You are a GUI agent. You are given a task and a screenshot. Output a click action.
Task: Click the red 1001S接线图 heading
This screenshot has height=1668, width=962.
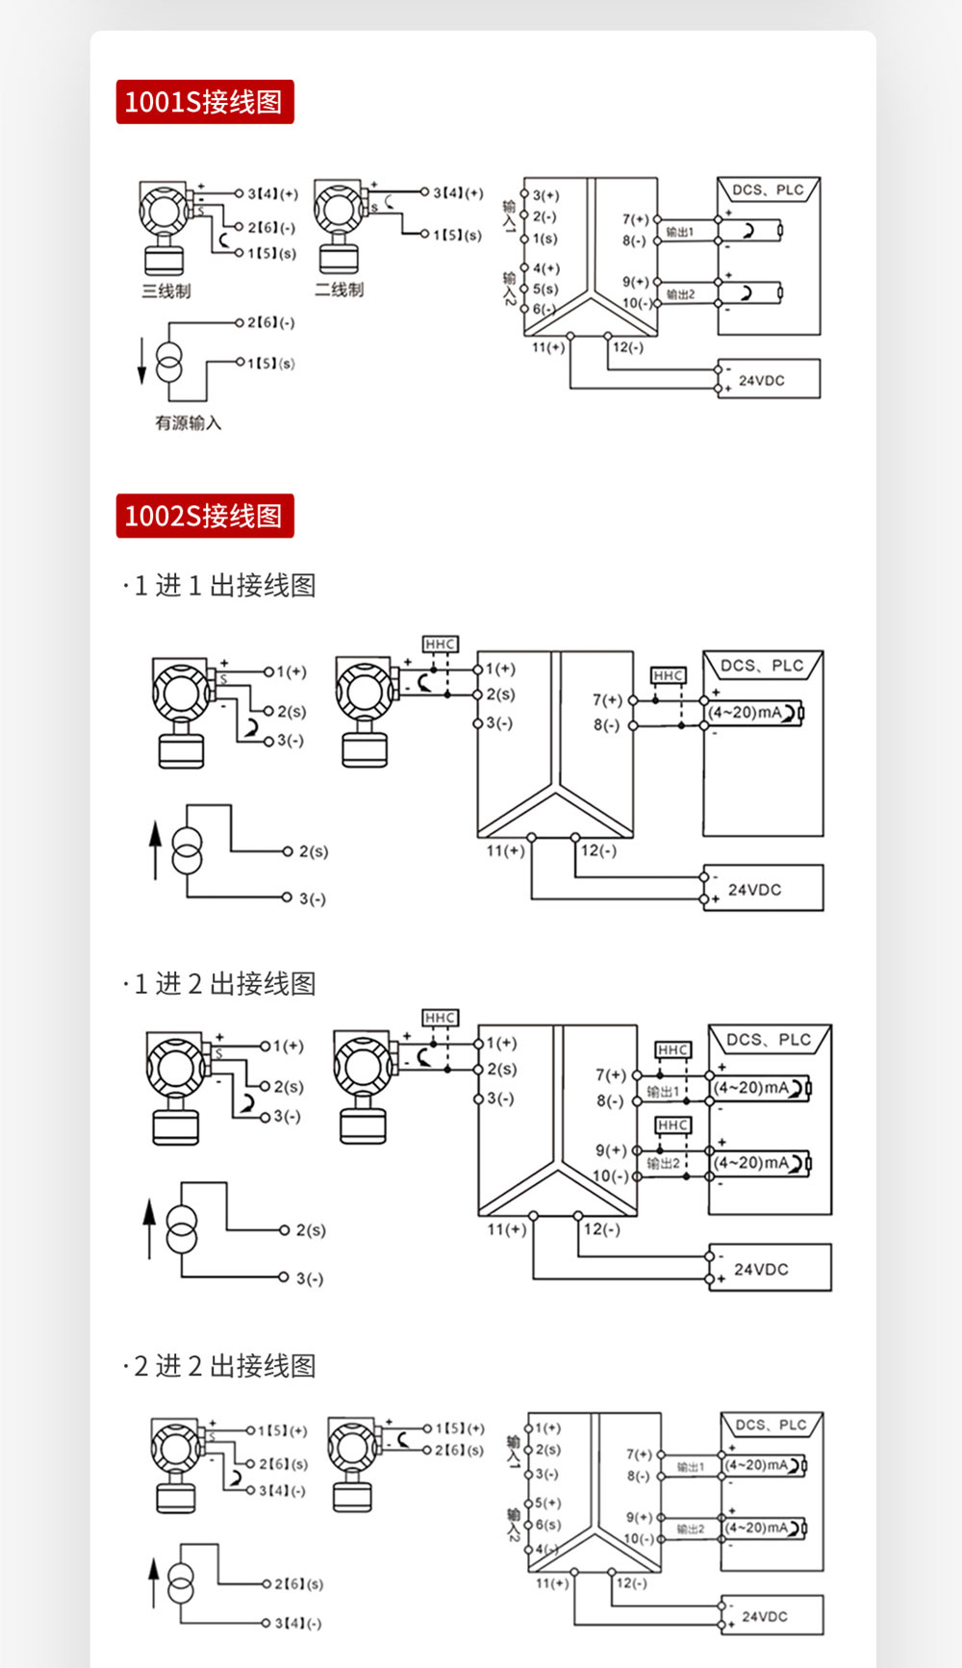click(x=204, y=102)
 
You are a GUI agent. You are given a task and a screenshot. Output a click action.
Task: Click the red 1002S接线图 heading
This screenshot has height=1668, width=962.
click(x=204, y=516)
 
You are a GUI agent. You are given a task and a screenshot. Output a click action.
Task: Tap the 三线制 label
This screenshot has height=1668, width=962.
click(x=166, y=291)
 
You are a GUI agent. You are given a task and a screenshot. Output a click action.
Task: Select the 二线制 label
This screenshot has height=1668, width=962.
click(x=340, y=290)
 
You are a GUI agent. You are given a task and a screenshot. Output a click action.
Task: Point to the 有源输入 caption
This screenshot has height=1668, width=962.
click(x=189, y=422)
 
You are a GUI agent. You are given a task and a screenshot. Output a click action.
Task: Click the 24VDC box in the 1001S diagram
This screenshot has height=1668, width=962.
click(x=769, y=379)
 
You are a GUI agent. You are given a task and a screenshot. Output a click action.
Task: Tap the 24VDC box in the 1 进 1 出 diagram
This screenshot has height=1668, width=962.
click(x=763, y=889)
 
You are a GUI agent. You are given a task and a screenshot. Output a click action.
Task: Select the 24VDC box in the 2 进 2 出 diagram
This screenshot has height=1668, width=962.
click(x=772, y=1616)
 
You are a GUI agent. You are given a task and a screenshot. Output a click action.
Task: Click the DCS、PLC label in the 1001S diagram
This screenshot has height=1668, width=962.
click(x=768, y=190)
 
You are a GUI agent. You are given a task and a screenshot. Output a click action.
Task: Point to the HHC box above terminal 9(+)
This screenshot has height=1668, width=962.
click(x=672, y=1125)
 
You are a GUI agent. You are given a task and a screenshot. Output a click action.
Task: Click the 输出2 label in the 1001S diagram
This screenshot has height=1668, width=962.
click(x=680, y=294)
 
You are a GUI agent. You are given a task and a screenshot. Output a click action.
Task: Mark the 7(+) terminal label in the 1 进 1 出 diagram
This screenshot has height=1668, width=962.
click(x=607, y=699)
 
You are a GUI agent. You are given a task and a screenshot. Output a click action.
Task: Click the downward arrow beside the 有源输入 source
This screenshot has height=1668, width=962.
click(x=142, y=362)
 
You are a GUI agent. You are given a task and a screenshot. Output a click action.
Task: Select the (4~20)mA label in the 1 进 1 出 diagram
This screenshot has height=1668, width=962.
click(x=746, y=713)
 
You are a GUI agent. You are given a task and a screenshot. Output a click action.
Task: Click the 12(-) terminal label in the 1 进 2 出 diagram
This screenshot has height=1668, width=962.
click(x=601, y=1229)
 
